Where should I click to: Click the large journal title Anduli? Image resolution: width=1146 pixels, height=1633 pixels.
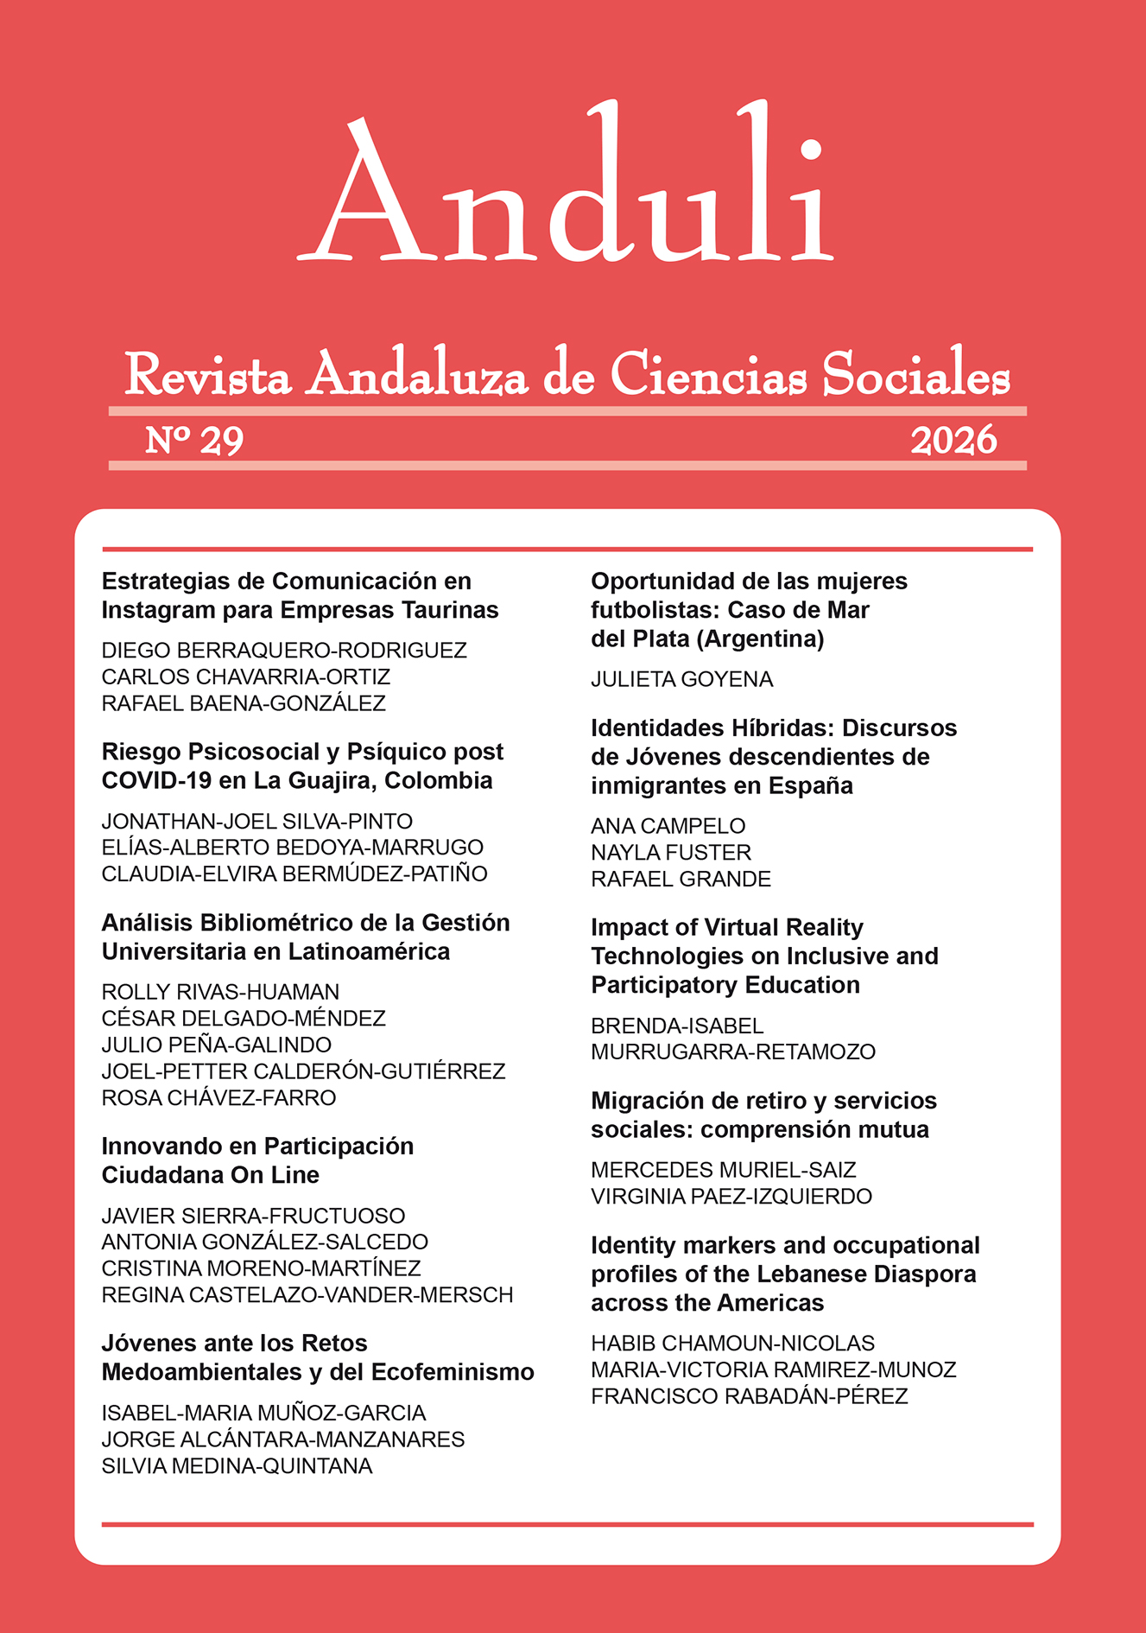566,186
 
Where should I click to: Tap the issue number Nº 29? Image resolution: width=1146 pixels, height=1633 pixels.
194,441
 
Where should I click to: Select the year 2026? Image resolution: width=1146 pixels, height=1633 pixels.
953,441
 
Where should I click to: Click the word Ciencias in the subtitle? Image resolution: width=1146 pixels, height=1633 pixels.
708,376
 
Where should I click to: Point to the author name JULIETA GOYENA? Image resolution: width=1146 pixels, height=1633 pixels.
681,680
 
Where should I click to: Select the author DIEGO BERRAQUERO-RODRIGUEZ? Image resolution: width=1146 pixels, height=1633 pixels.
284,651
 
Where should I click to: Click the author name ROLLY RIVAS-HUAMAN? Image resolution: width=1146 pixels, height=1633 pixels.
220,992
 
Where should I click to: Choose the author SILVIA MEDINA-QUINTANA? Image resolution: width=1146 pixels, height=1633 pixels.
237,1466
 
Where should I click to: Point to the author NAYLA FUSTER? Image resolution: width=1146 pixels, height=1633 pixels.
671,853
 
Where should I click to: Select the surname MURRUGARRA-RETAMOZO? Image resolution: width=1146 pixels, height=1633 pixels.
733,1052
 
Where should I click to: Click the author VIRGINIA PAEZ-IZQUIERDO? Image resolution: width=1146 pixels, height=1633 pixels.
731,1197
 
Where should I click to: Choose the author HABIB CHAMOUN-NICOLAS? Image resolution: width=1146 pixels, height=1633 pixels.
732,1344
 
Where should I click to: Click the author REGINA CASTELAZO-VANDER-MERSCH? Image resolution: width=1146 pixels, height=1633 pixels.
307,1295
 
